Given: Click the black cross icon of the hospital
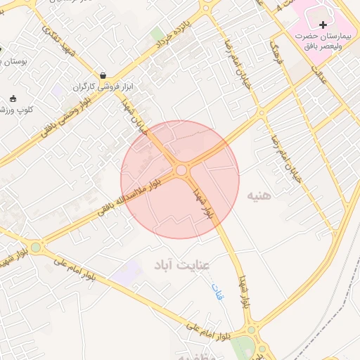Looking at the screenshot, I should click(323, 25).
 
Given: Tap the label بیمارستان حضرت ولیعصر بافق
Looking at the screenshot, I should click(323, 41).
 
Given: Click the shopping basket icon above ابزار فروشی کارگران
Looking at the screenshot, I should click(103, 75).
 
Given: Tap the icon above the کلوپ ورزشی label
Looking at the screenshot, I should click(13, 98).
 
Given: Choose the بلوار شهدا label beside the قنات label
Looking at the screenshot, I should click(243, 292).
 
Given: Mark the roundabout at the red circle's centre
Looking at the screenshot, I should click(181, 170).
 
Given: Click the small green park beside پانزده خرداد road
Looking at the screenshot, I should click(157, 34).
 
